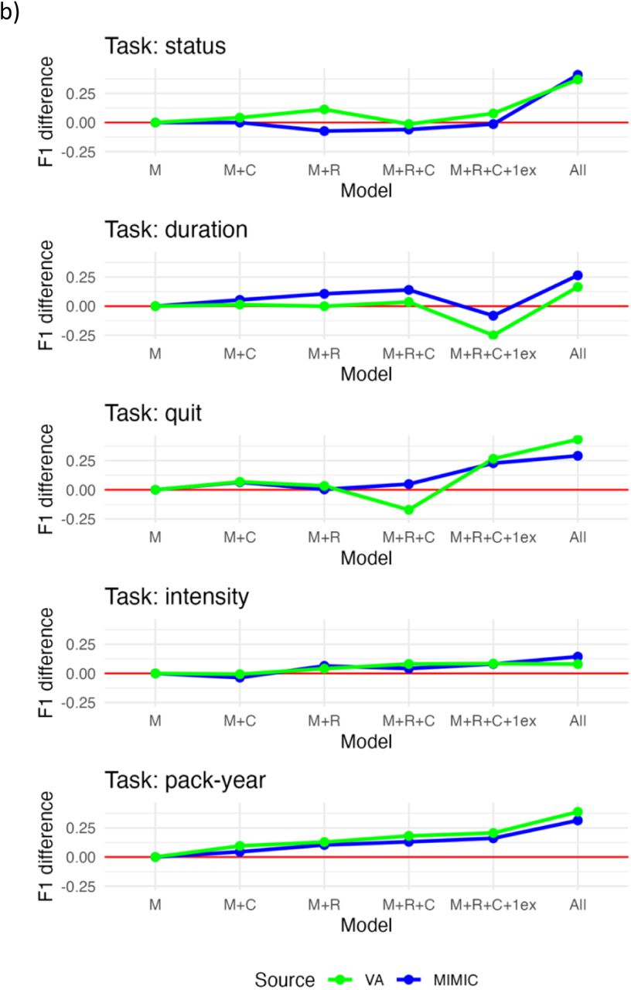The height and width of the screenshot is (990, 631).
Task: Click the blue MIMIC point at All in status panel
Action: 578,75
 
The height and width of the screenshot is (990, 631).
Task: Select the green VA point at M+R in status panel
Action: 324,109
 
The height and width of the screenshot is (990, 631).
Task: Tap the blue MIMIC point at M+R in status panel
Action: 324,131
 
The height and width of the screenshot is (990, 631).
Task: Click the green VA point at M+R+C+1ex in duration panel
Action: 493,335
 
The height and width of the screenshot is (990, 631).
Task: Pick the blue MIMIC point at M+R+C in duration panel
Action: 409,290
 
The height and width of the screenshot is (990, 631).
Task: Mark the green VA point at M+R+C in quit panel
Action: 409,510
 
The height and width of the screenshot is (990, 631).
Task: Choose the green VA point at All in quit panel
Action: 578,439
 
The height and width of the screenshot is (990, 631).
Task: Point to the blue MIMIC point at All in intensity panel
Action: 578,657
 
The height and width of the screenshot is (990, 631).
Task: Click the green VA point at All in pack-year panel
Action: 578,812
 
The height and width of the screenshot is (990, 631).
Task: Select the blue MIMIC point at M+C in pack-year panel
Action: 240,852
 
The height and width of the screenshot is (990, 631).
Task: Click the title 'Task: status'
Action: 165,46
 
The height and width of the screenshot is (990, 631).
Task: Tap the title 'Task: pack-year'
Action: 185,780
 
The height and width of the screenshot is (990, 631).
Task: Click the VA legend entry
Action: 356,979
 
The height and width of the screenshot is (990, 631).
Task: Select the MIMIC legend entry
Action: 438,979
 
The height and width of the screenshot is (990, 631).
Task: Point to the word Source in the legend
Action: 285,979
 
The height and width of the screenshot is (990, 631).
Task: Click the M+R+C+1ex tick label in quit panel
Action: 493,538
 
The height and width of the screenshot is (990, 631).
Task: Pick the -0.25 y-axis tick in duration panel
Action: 79,336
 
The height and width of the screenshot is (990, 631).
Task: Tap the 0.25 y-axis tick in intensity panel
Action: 81,645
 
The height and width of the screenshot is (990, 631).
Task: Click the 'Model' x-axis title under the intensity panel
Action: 367,742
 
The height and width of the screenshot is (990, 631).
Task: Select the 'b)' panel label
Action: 10,12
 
